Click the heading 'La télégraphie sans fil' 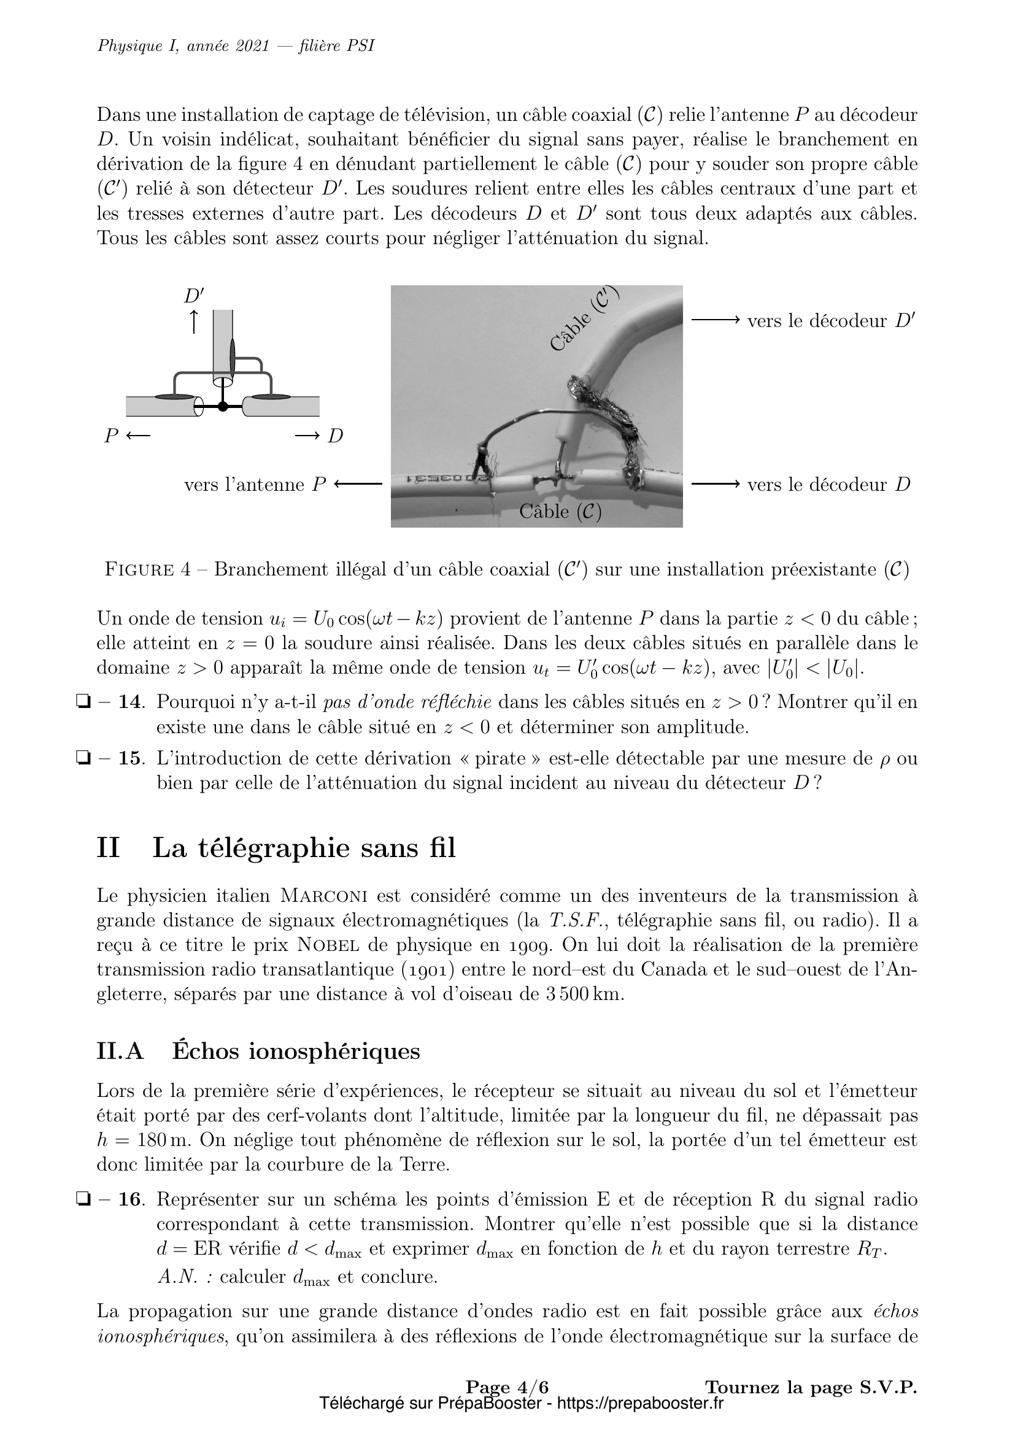point(304,848)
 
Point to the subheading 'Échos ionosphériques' point(296,1052)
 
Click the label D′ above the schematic point(194,296)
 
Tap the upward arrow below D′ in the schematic point(194,321)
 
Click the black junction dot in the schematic point(223,407)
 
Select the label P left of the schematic point(111,436)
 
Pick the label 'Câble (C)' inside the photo point(560,512)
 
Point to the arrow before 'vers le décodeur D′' point(715,321)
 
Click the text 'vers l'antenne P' point(255,485)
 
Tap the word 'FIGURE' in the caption point(139,569)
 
